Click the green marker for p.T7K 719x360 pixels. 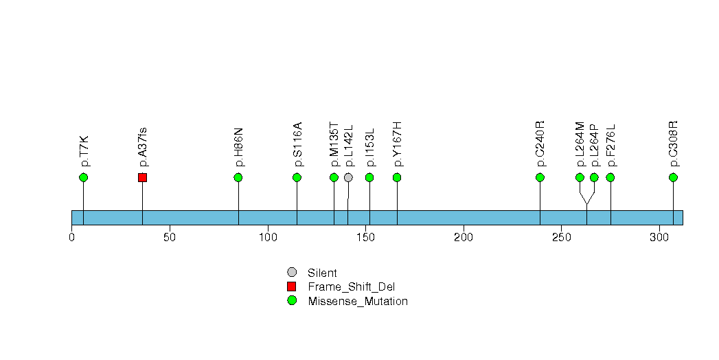(83, 177)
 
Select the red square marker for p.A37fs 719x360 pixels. (142, 177)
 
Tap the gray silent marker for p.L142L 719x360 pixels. (348, 177)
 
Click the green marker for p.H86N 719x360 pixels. (238, 177)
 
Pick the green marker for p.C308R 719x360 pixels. (673, 177)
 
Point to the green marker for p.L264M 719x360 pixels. (580, 177)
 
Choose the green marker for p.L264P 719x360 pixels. (594, 177)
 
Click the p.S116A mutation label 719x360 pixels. (297, 144)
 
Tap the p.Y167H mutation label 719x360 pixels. (397, 144)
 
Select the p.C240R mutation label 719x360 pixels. (540, 144)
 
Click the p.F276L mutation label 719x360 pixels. (610, 145)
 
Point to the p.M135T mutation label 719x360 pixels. (334, 144)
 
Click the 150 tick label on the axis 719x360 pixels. (366, 238)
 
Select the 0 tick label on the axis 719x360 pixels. (71, 238)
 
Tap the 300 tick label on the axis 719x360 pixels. (659, 238)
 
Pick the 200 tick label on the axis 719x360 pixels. (464, 238)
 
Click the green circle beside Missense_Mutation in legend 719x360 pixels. (292, 300)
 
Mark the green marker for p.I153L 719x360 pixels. (369, 177)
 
